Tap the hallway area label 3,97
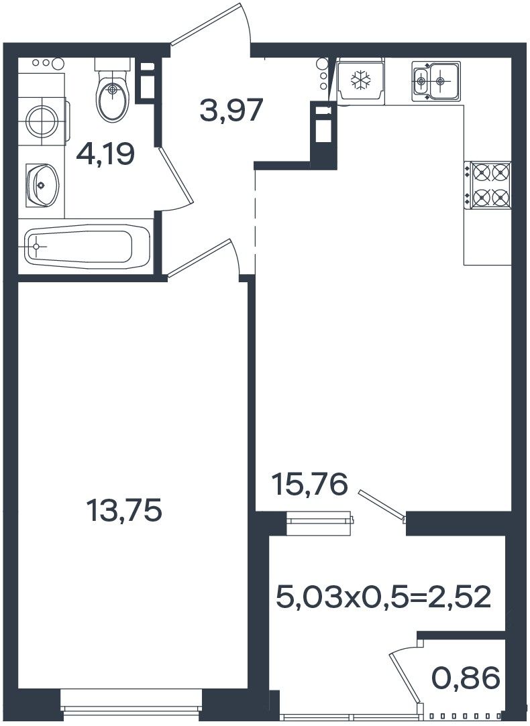pos(231,110)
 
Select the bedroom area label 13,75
pos(124,509)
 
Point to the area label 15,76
pos(310,484)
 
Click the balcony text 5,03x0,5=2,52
pos(383,597)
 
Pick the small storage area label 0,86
pos(466,678)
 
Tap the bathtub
pos(88,246)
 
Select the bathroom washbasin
pos(43,185)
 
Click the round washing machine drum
pos(42,121)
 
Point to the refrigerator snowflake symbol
pos(360,80)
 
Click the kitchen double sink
pos(436,81)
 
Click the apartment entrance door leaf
pos(205,23)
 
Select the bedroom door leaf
pos(199,257)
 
